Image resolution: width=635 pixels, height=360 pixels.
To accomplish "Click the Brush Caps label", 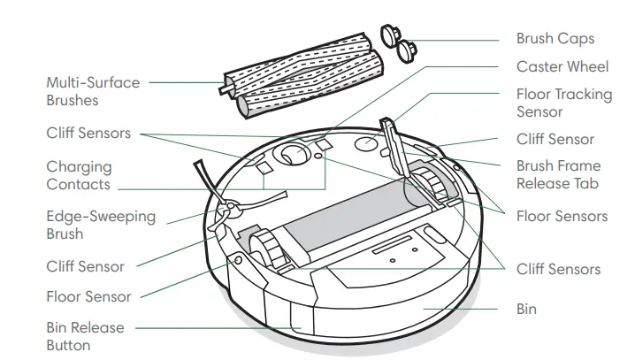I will pos(555,39).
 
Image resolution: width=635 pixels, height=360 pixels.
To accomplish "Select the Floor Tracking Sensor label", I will pos(553,102).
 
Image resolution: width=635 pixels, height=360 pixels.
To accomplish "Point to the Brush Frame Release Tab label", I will pos(558,174).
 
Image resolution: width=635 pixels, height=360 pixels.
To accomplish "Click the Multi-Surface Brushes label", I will pos(93,91).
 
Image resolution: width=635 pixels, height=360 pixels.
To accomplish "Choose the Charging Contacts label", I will pos(79,175).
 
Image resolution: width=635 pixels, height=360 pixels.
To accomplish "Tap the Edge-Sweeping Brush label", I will pos(100,225).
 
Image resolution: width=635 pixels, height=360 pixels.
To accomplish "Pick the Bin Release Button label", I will pos(85,336).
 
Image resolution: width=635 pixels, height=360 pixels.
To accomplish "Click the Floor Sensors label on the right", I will pos(562,216).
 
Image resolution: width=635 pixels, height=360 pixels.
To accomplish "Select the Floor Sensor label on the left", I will pos(88,297).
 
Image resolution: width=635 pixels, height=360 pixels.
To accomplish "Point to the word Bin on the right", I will pos(526,310).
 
